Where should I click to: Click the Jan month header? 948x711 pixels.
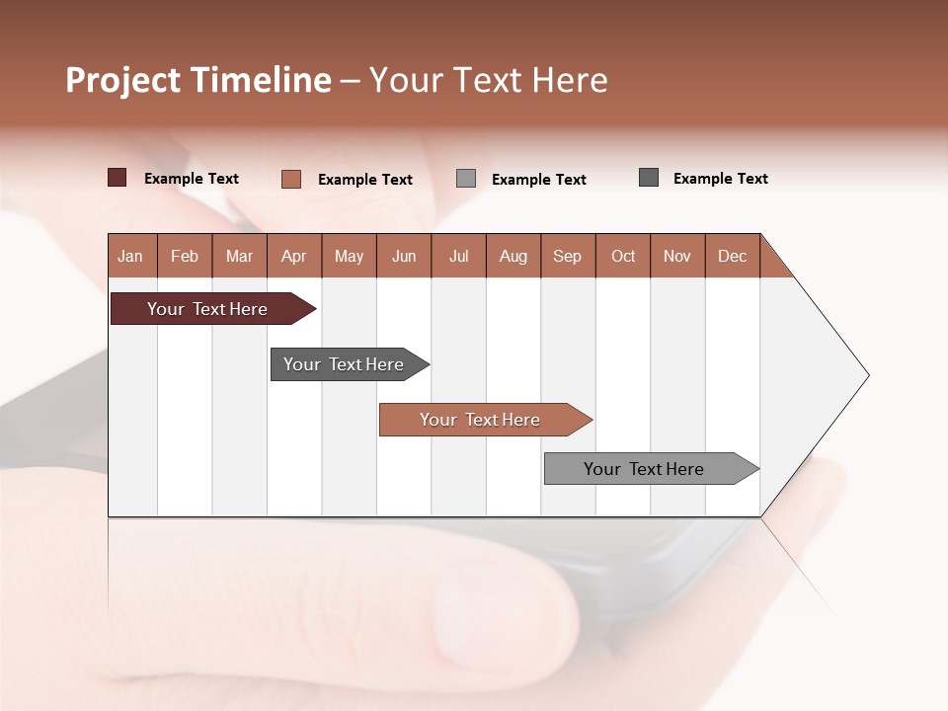[x=131, y=256]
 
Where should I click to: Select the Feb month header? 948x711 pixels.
[x=185, y=256]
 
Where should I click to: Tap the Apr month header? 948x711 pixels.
[x=294, y=256]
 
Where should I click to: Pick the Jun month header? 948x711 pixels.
[x=404, y=256]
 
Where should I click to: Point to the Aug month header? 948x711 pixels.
[x=513, y=256]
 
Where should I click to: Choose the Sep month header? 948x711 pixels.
[x=568, y=256]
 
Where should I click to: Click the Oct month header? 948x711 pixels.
[x=623, y=256]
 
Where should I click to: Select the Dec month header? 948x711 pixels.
[x=733, y=256]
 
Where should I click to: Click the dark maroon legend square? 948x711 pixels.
[x=118, y=178]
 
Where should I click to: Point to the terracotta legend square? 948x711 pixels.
[x=291, y=179]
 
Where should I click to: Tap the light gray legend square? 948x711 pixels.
[x=466, y=179]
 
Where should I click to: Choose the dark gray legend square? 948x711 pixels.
[x=649, y=178]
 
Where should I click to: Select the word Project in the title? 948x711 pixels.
[x=123, y=80]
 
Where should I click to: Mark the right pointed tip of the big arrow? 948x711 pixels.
[x=867, y=375]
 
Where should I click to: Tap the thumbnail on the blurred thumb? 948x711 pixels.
[x=494, y=632]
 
